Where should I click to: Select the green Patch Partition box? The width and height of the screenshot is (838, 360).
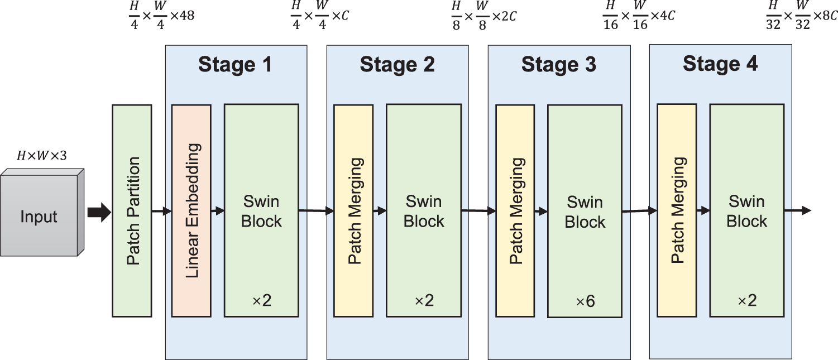tap(132, 211)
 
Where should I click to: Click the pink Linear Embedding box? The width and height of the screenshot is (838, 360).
tap(191, 211)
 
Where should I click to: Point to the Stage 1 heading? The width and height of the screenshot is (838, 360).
tap(235, 65)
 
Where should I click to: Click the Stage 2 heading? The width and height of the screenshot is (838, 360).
tap(397, 65)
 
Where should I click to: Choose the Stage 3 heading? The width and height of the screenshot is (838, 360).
tap(558, 65)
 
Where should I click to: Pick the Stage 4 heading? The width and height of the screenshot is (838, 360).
tap(720, 64)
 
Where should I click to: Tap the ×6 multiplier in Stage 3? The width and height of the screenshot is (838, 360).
tap(585, 301)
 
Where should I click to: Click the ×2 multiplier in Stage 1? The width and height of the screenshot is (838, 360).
tap(261, 301)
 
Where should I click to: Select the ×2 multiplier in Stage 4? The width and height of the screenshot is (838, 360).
tap(746, 301)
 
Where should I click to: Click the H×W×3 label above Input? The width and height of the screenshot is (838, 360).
tap(41, 156)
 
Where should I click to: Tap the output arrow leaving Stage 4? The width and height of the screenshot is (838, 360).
tap(798, 210)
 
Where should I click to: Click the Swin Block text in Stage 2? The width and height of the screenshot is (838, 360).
tap(423, 211)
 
